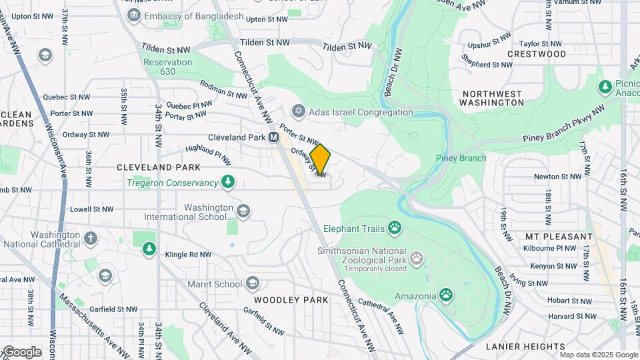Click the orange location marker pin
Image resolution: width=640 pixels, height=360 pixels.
320,159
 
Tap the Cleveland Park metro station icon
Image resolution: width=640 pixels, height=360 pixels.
273,137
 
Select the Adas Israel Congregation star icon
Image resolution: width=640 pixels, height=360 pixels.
299,112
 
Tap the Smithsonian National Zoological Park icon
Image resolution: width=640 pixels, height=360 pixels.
417,257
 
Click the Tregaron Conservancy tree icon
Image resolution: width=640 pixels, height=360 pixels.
229,182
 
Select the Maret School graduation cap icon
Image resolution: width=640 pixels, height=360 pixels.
252,284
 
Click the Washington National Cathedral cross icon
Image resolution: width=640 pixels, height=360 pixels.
91,238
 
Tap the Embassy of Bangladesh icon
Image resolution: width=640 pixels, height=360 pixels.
133,15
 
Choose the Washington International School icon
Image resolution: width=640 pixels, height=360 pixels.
243,211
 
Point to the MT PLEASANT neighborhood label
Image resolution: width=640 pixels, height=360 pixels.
559,237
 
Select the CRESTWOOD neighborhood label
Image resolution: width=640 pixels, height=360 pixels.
536,54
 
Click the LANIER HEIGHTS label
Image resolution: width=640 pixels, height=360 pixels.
525,347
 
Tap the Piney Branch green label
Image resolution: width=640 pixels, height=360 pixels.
461,158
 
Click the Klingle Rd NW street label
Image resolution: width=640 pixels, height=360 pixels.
188,255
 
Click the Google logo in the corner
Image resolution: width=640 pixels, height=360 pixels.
21,352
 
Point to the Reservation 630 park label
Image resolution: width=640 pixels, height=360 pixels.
168,67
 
